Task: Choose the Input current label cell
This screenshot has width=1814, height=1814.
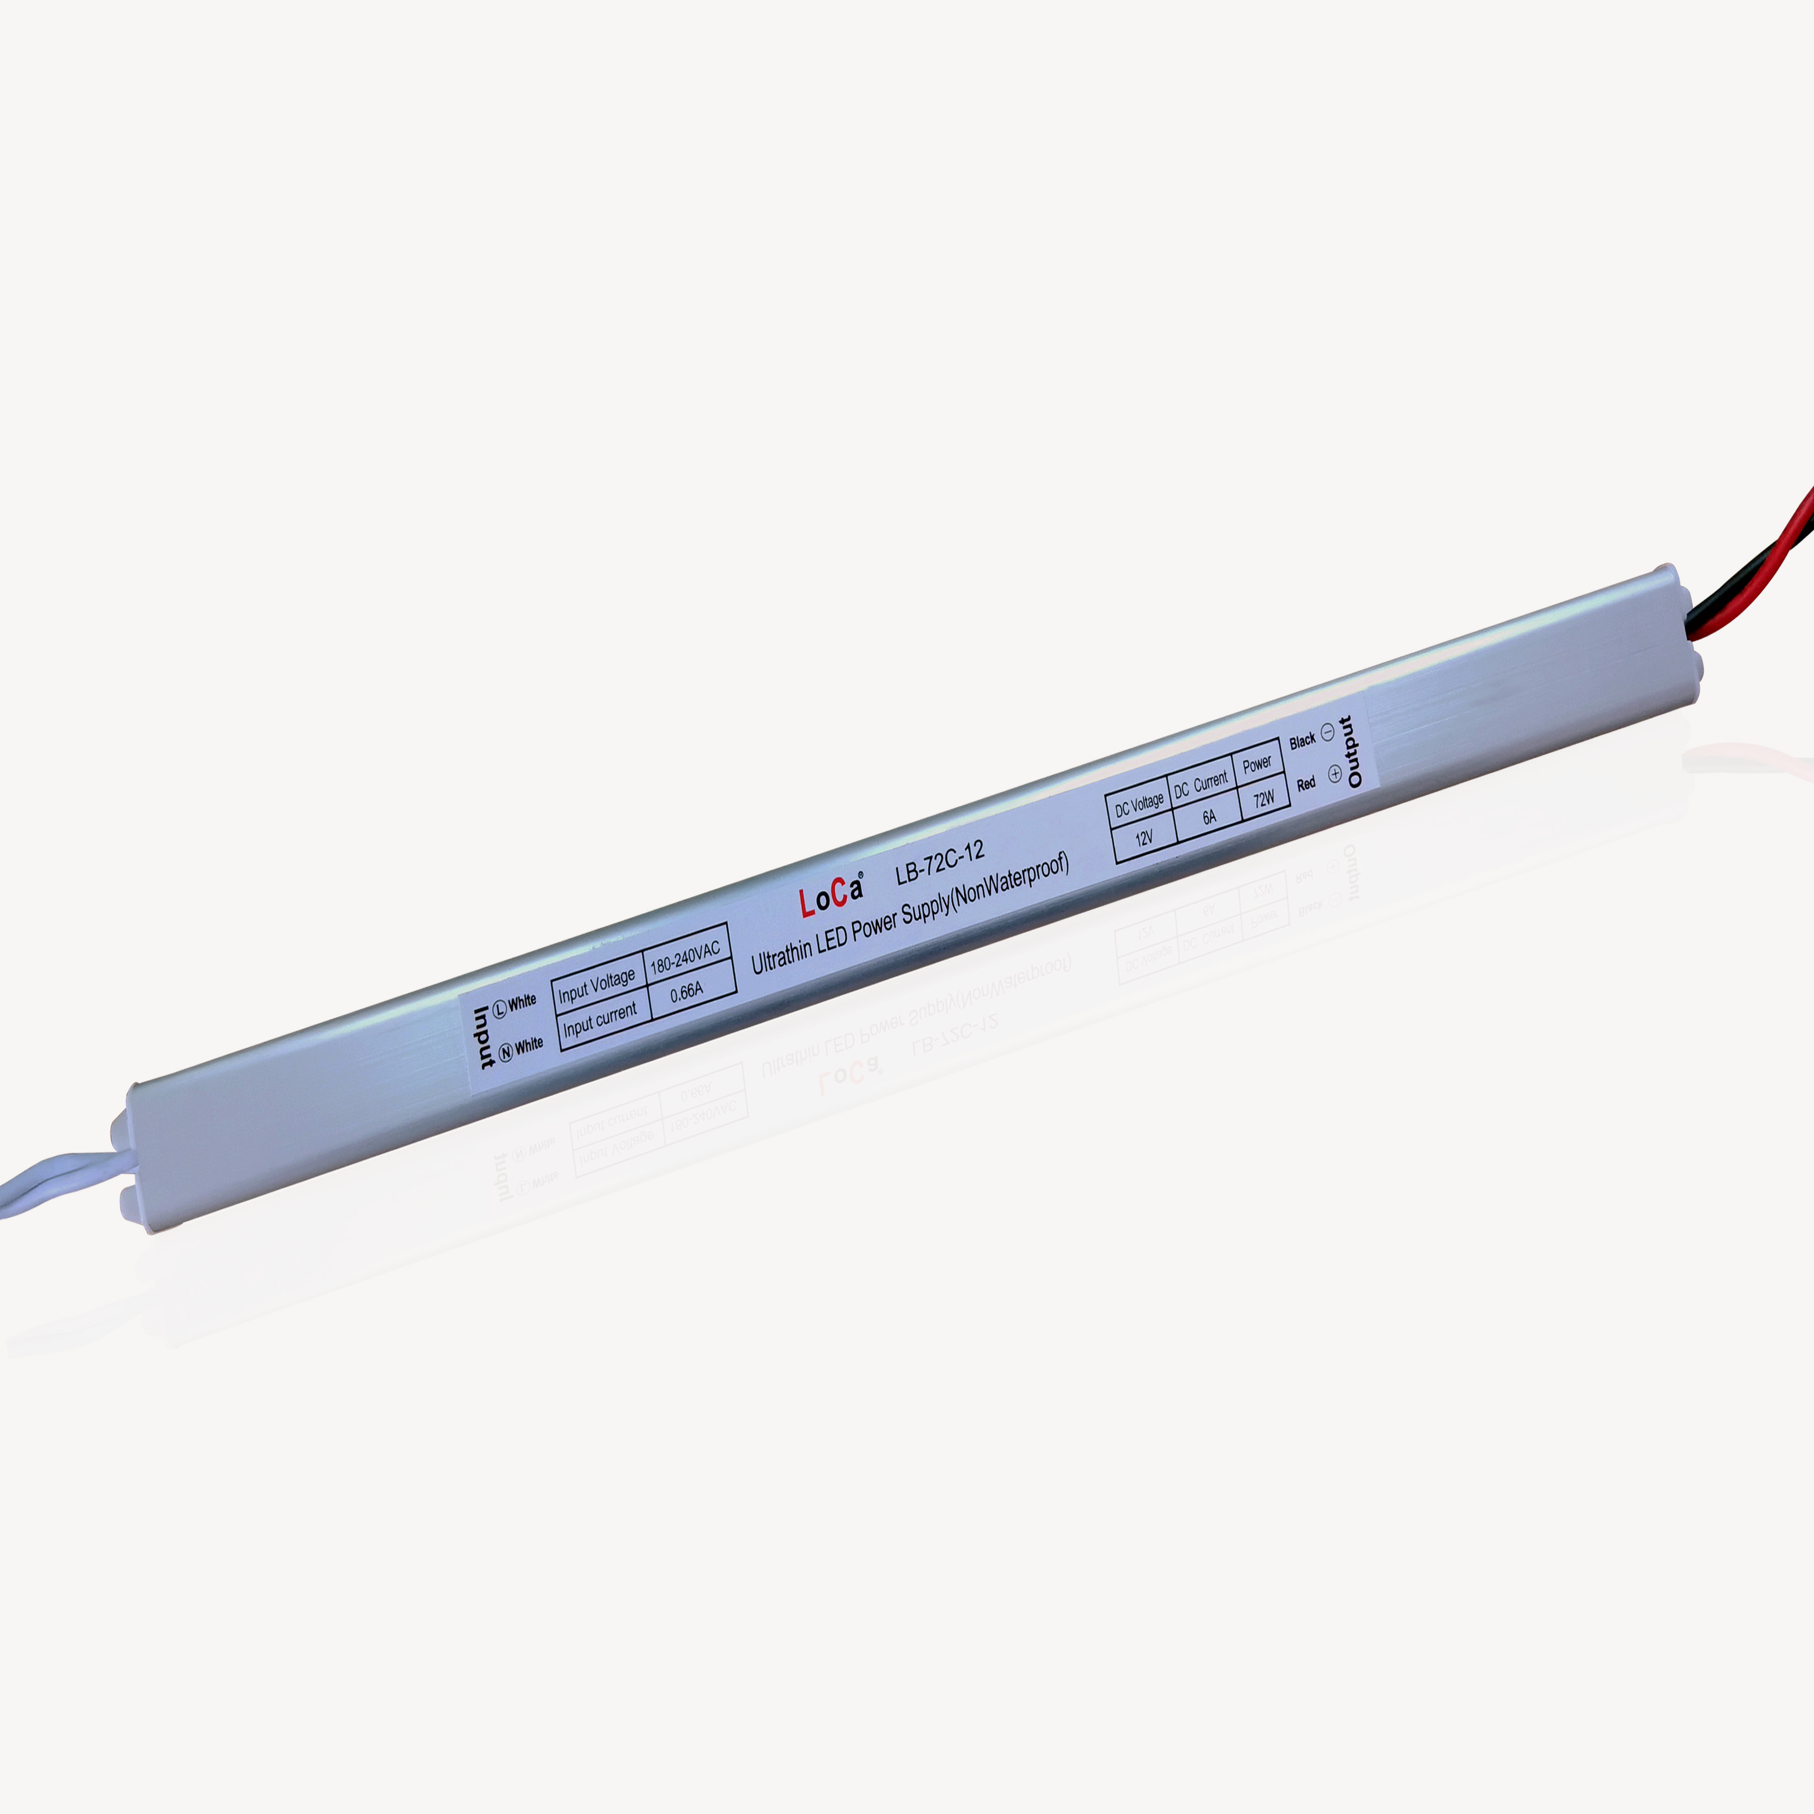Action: coord(601,1021)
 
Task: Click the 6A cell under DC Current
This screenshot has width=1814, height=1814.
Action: coord(1209,817)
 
